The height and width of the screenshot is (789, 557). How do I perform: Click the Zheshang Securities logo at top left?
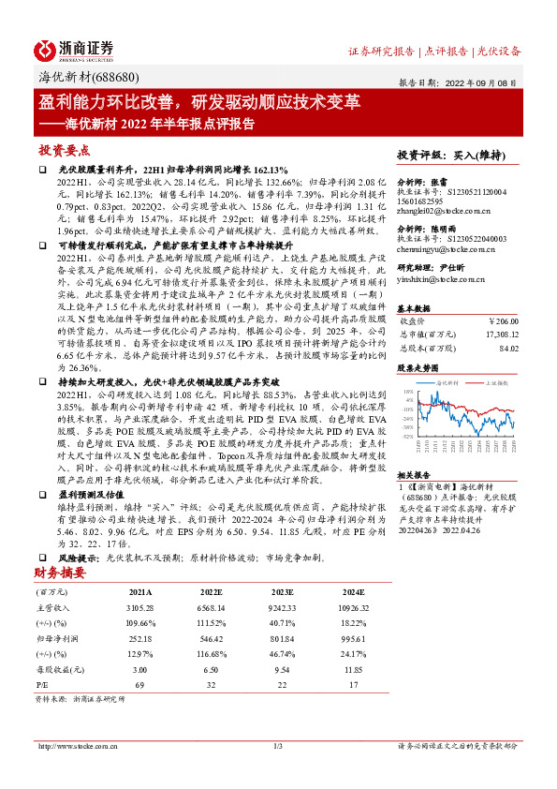[x=74, y=49]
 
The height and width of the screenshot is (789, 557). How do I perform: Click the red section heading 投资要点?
[x=64, y=150]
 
